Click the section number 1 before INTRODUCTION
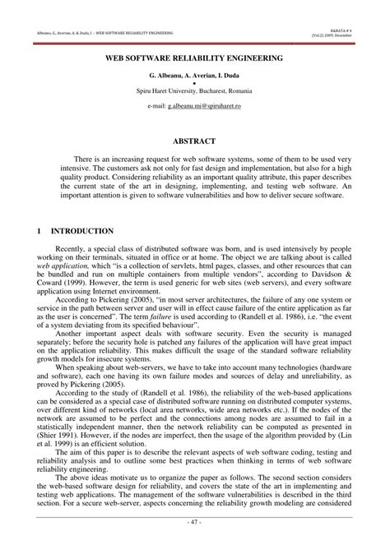pos(40,231)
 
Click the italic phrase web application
pos(61,279)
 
